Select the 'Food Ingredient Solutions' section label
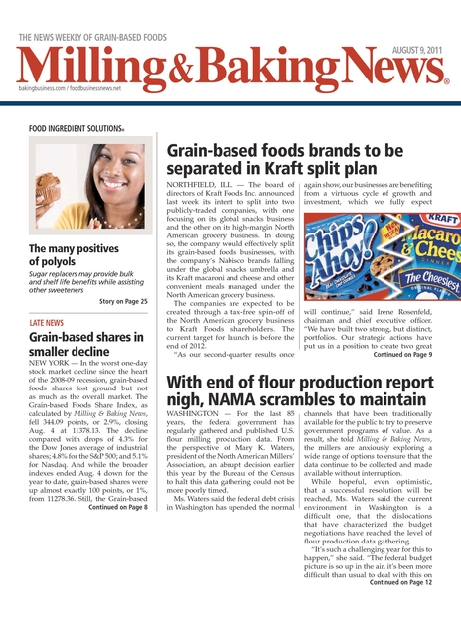click(x=77, y=128)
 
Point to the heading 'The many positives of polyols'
click(x=74, y=255)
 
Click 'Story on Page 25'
click(x=123, y=300)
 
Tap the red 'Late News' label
click(x=47, y=324)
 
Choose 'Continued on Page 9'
click(x=402, y=353)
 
